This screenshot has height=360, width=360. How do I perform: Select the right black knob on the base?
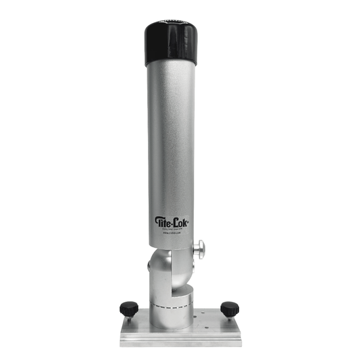(x=230, y=308)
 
